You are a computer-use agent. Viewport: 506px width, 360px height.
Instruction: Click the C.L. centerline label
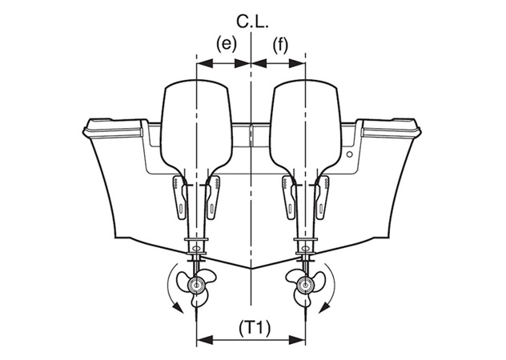coord(252,22)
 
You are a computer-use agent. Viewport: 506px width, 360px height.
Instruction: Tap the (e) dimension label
coord(227,45)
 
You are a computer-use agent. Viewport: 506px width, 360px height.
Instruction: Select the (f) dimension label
coord(279,45)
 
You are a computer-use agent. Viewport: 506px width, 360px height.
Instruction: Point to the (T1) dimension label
coord(255,329)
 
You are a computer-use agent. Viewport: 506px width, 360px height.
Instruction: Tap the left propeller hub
coord(196,286)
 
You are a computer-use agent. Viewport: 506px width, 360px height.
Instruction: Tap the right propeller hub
coord(305,286)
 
